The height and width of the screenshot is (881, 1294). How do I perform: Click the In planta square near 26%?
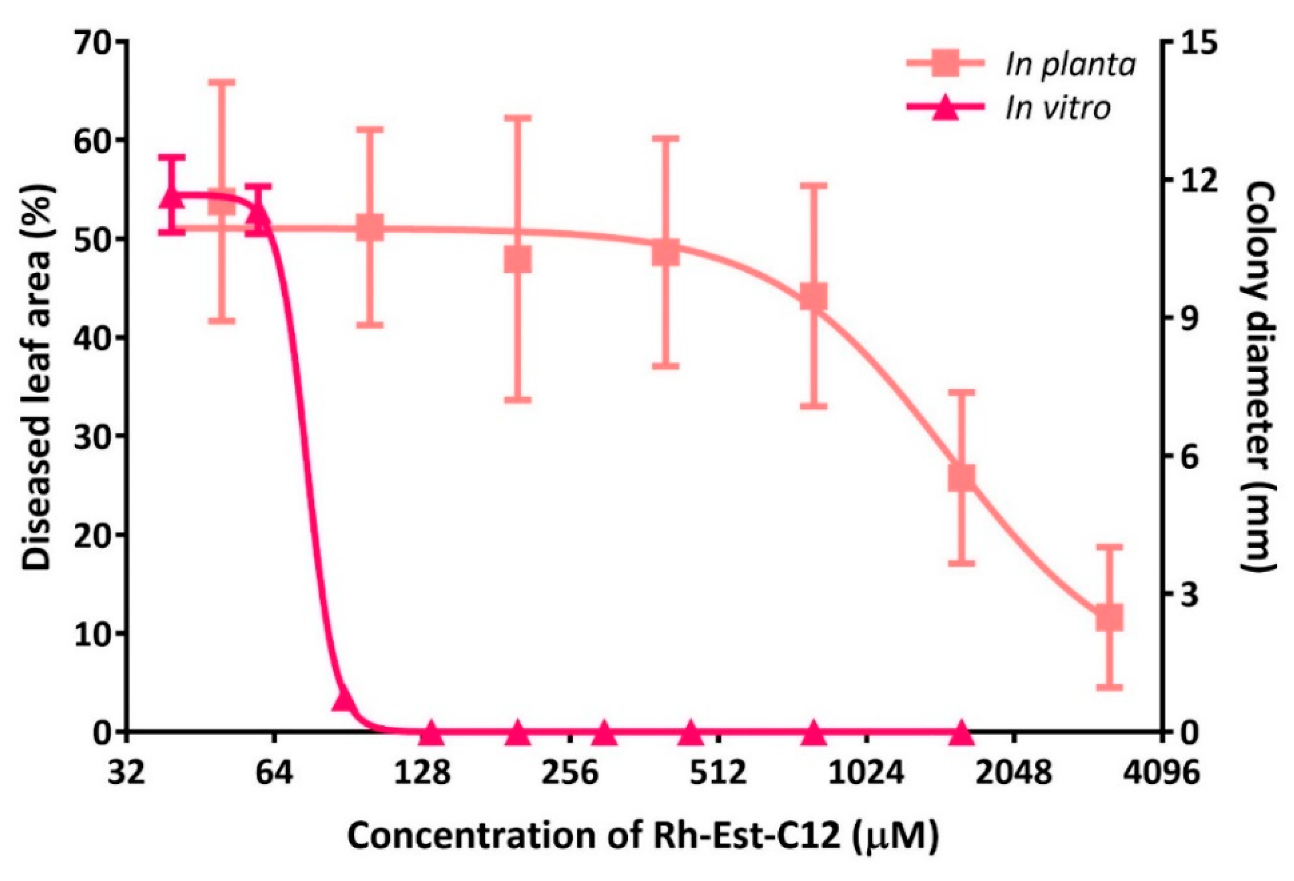(961, 478)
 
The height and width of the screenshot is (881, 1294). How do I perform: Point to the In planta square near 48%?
(517, 260)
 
